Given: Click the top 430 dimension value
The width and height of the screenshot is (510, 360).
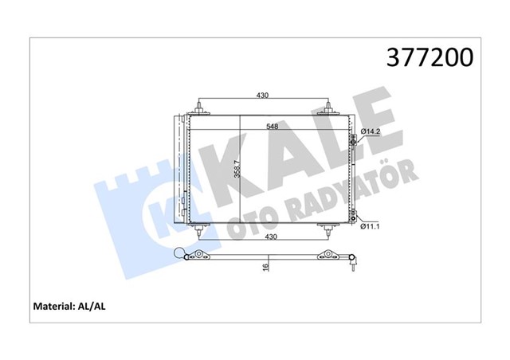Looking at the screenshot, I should coord(262,96).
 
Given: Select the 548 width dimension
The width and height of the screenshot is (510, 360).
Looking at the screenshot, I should coord(273,127).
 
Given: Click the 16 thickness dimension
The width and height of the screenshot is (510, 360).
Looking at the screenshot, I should coord(265,268).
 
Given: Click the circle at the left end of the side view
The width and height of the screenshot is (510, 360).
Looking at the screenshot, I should coord(190,255).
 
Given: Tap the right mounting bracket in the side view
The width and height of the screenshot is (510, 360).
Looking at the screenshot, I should coord(327,255).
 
